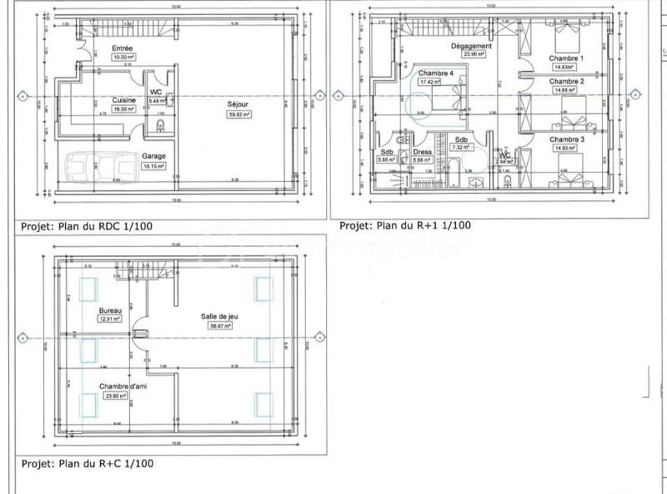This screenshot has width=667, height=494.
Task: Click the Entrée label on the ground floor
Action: pyautogui.click(x=123, y=48)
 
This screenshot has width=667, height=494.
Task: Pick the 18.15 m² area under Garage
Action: pyautogui.click(x=153, y=166)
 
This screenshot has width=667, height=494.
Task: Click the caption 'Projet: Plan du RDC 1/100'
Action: pyautogui.click(x=85, y=225)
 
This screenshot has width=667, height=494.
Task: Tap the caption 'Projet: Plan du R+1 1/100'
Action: pyautogui.click(x=405, y=225)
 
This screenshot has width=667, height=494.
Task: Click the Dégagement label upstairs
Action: pyautogui.click(x=470, y=45)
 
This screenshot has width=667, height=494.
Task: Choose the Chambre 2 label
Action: pyautogui.click(x=566, y=82)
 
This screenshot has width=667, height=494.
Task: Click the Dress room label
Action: pyautogui.click(x=422, y=152)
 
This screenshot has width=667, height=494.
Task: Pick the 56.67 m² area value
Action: pyautogui.click(x=220, y=327)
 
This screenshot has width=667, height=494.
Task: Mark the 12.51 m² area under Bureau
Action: pyautogui.click(x=110, y=318)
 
